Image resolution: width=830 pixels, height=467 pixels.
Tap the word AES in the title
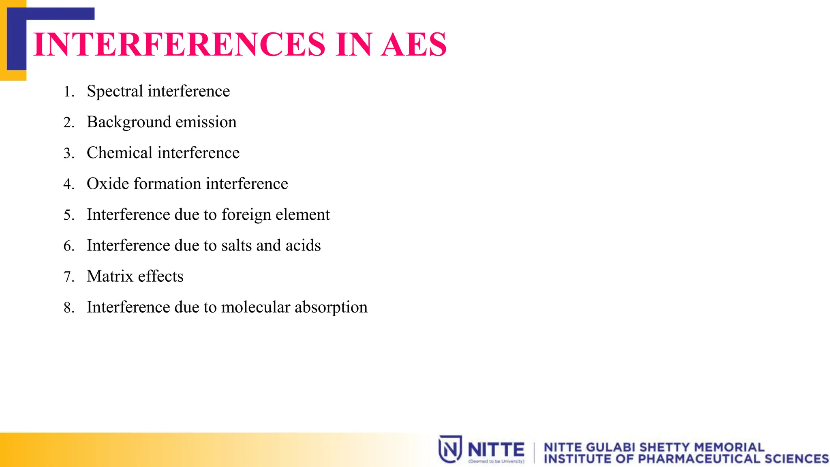(414, 44)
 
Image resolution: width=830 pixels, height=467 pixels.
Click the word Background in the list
(128, 122)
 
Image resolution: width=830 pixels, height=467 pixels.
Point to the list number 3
(68, 153)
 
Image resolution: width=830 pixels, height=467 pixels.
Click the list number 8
(68, 308)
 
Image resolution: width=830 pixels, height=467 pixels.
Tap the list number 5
(68, 215)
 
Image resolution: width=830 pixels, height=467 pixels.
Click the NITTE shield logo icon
(450, 449)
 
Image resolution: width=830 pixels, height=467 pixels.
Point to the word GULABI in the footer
(610, 447)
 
